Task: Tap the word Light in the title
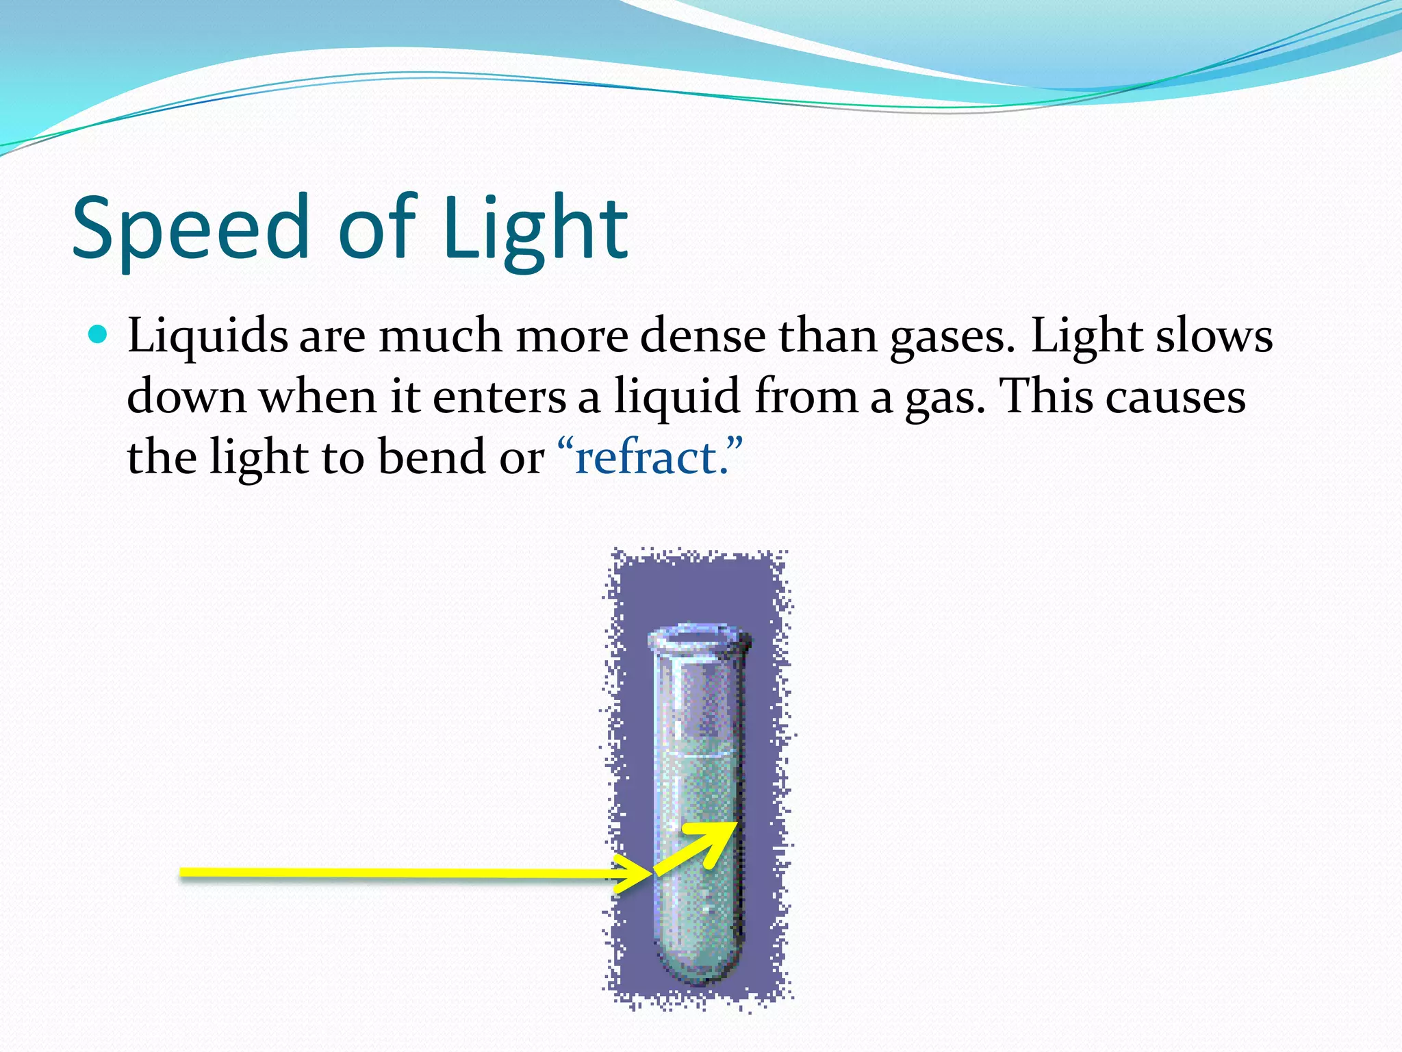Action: (x=535, y=227)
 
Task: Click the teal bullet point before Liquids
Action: (x=99, y=335)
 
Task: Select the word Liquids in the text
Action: (x=207, y=337)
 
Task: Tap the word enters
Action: (x=499, y=397)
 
